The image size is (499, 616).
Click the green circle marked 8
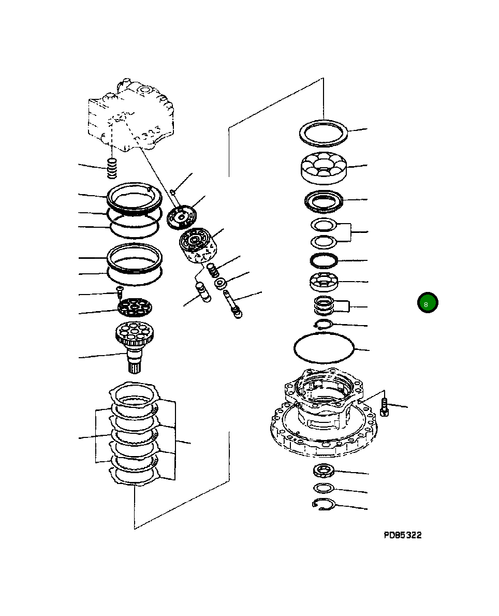point(428,303)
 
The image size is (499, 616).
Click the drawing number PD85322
point(402,535)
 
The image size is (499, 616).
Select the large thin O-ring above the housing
point(324,347)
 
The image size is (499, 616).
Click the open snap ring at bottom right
point(325,505)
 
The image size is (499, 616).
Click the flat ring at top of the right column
point(324,133)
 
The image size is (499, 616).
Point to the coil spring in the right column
point(325,307)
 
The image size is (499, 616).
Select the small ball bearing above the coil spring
point(324,282)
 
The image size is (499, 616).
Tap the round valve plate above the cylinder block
point(182,216)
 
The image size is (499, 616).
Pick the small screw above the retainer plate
point(119,292)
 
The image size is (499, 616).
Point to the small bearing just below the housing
point(324,471)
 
